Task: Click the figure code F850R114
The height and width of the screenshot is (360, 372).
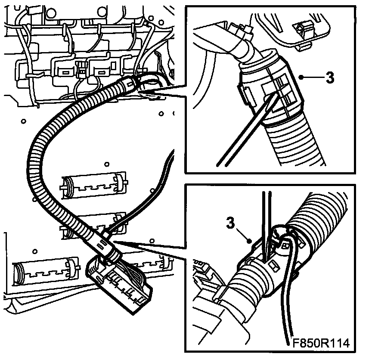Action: [321, 343]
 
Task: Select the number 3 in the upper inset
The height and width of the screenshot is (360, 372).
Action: [330, 78]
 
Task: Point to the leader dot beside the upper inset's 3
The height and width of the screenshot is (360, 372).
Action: [301, 77]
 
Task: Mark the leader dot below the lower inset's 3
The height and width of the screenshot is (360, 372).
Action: [249, 242]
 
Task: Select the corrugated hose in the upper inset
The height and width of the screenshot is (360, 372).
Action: [294, 143]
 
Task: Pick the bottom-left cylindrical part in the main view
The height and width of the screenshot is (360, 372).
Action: [46, 270]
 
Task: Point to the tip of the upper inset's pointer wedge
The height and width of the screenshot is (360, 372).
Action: [138, 91]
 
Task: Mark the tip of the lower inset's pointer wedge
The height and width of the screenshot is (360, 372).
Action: [114, 241]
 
